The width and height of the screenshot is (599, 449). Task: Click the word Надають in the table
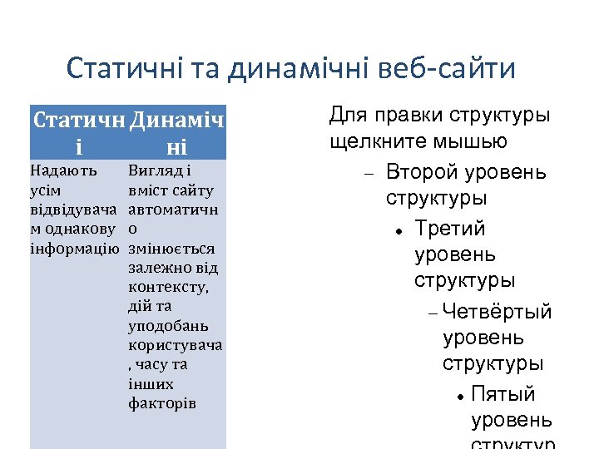pos(63,171)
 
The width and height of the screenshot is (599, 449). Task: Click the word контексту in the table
pos(169,288)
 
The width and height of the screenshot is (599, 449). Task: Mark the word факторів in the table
pos(163,403)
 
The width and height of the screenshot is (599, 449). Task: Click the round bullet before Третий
pos(400,229)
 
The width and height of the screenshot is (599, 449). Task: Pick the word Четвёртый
pos(498,312)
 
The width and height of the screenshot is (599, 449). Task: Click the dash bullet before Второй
pos(368,174)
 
